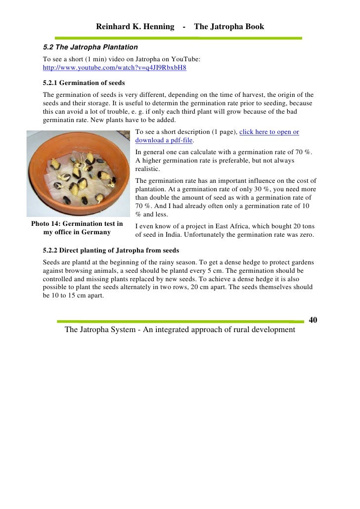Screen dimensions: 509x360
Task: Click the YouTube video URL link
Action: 115,68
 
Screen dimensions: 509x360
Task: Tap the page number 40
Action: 313,320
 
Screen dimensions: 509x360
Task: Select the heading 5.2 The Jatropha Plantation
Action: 90,47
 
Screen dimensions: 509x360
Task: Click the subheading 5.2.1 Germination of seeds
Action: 84,83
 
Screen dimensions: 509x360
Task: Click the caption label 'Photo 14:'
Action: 46,224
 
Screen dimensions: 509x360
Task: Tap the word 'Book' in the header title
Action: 253,27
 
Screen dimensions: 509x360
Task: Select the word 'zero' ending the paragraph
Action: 305,235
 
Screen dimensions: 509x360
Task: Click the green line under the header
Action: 178,38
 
